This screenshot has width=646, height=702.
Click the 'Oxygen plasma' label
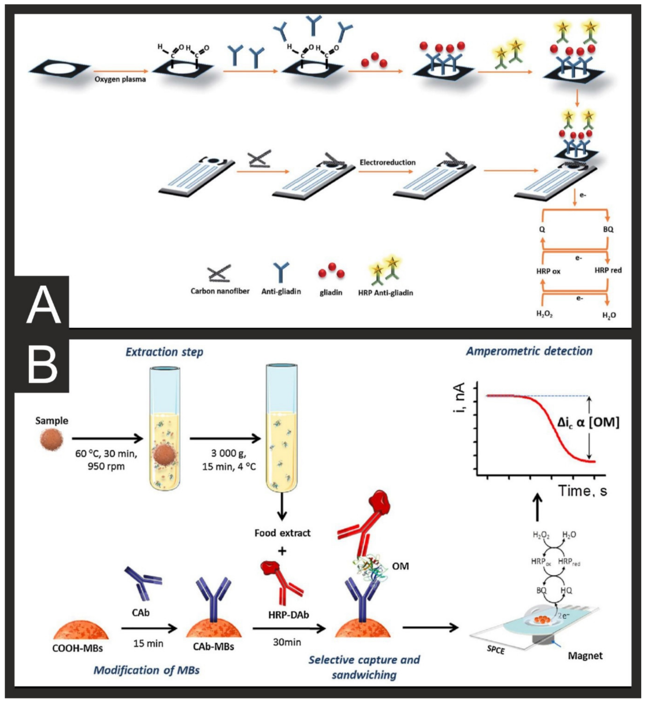tap(120, 79)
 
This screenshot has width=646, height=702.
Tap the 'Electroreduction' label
tap(387, 162)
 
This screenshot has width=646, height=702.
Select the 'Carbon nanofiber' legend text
tap(220, 291)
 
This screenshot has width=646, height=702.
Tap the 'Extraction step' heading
tap(164, 352)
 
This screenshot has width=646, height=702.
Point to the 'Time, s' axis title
tap(582, 491)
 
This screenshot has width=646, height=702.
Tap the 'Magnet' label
tap(585, 655)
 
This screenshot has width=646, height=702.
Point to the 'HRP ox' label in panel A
tap(548, 271)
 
